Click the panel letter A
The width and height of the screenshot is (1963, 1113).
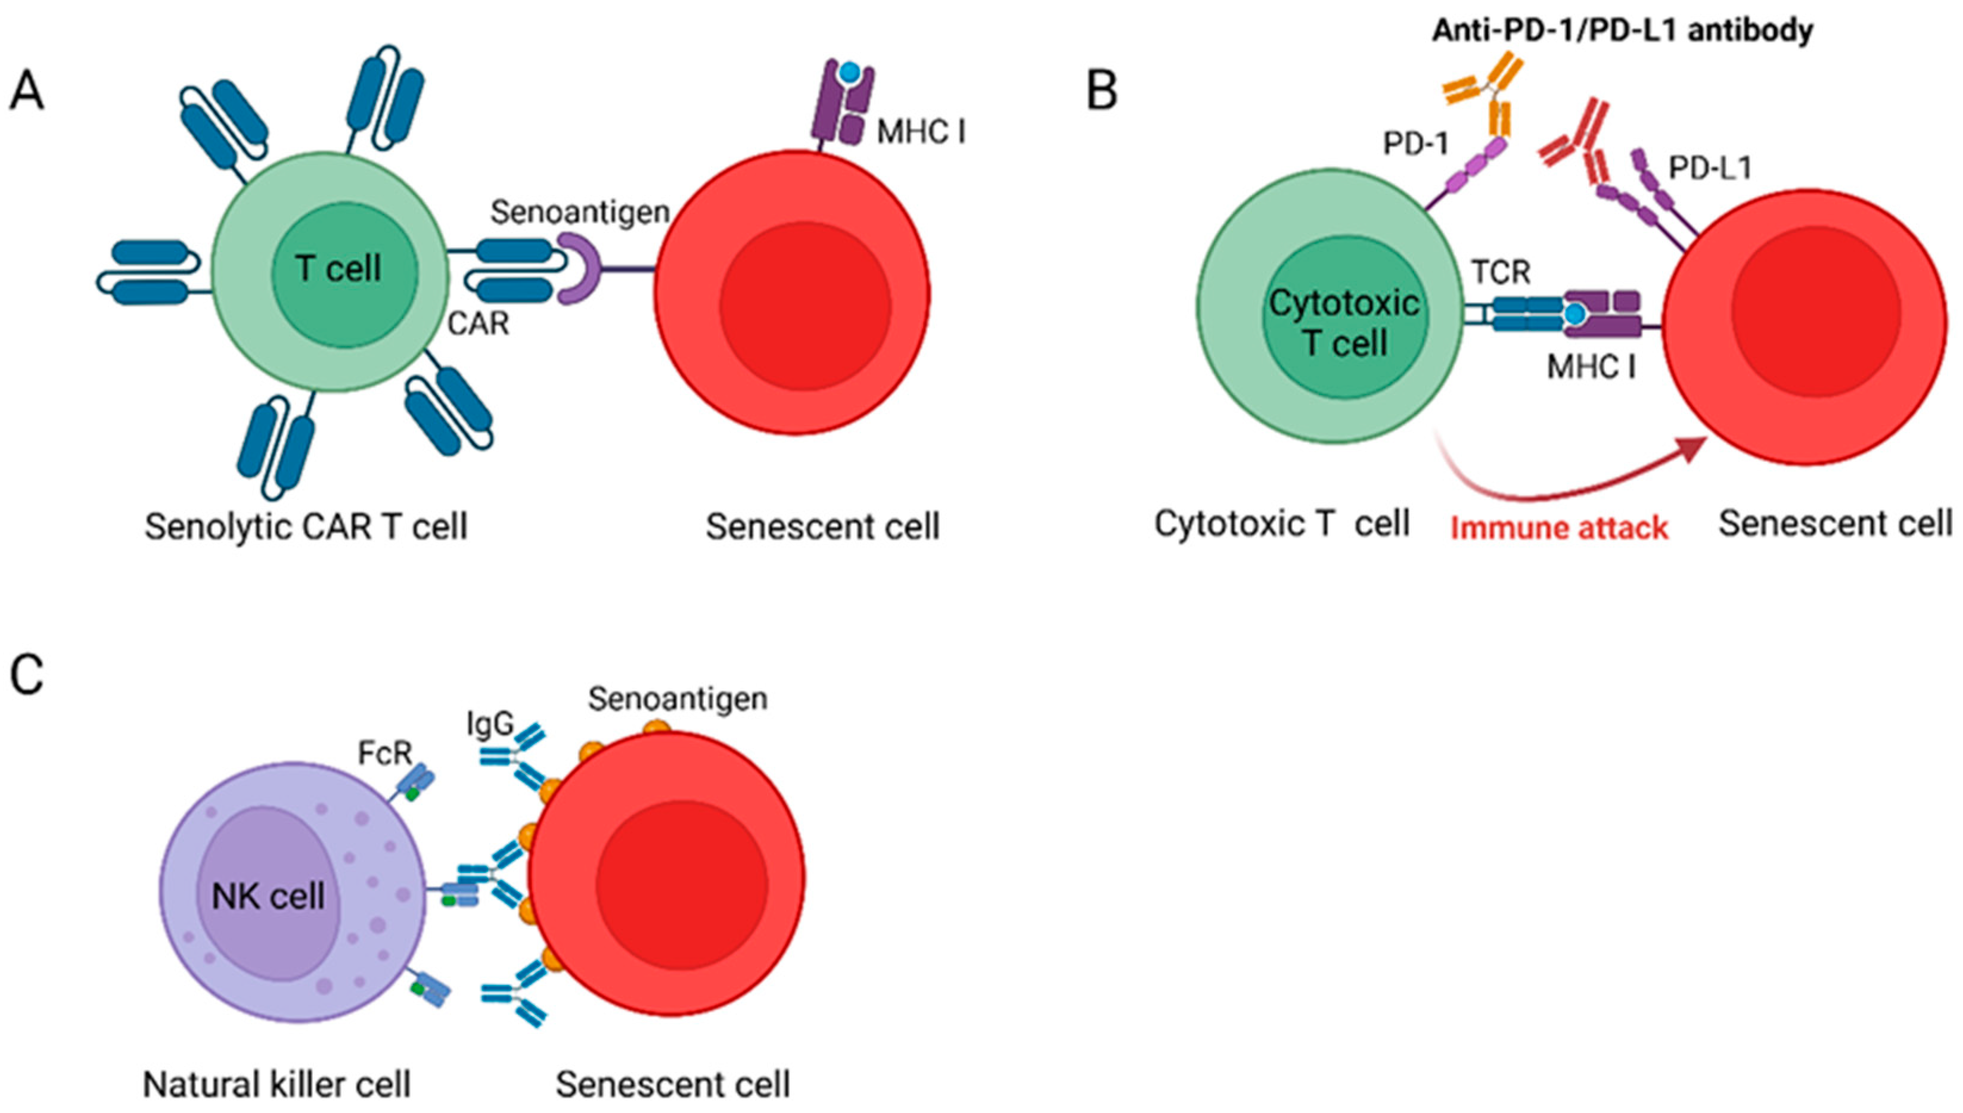(x=27, y=92)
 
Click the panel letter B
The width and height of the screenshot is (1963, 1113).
(x=1101, y=92)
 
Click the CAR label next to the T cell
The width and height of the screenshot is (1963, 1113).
(x=479, y=324)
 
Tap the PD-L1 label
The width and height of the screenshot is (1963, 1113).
(x=1709, y=168)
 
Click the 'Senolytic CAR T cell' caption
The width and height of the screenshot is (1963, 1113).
(x=306, y=527)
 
